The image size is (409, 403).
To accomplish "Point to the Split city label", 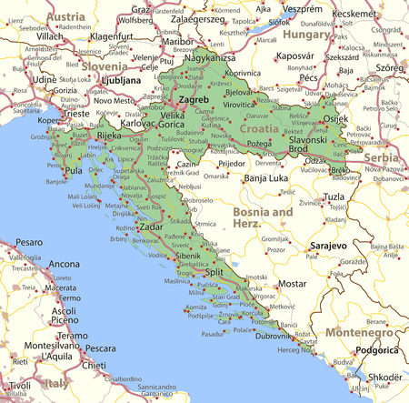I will [x=214, y=272].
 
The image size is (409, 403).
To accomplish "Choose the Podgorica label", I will [x=375, y=349].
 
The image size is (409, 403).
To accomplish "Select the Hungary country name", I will [x=306, y=34].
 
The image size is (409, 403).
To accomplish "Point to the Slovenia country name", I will [x=105, y=66].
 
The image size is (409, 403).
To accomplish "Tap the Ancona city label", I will [x=64, y=264].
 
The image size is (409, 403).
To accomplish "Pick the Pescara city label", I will [x=100, y=348].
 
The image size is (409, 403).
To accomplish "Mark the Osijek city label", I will [x=335, y=119].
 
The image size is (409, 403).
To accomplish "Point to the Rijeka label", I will [x=109, y=136].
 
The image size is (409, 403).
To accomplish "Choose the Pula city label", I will [x=74, y=170].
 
